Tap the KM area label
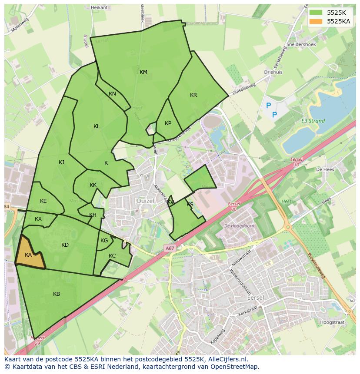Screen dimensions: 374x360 [143, 72]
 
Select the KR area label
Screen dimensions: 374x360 [193, 95]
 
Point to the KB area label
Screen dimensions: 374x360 [57, 294]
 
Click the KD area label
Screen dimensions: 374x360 [65, 245]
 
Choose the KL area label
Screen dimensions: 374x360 [97, 126]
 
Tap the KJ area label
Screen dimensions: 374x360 [61, 162]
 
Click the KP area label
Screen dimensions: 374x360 [168, 123]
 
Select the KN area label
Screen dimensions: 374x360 [112, 94]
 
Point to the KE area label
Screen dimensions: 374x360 [43, 201]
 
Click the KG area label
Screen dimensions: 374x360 [104, 241]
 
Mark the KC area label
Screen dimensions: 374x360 [112, 256]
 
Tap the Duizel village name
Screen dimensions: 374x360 [145, 201]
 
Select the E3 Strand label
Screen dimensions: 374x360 [313, 121]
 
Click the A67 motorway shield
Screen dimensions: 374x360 [170, 248]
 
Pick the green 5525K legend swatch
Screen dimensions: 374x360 [316, 13]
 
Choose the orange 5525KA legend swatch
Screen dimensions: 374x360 [316, 21]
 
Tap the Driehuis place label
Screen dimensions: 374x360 [273, 72]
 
